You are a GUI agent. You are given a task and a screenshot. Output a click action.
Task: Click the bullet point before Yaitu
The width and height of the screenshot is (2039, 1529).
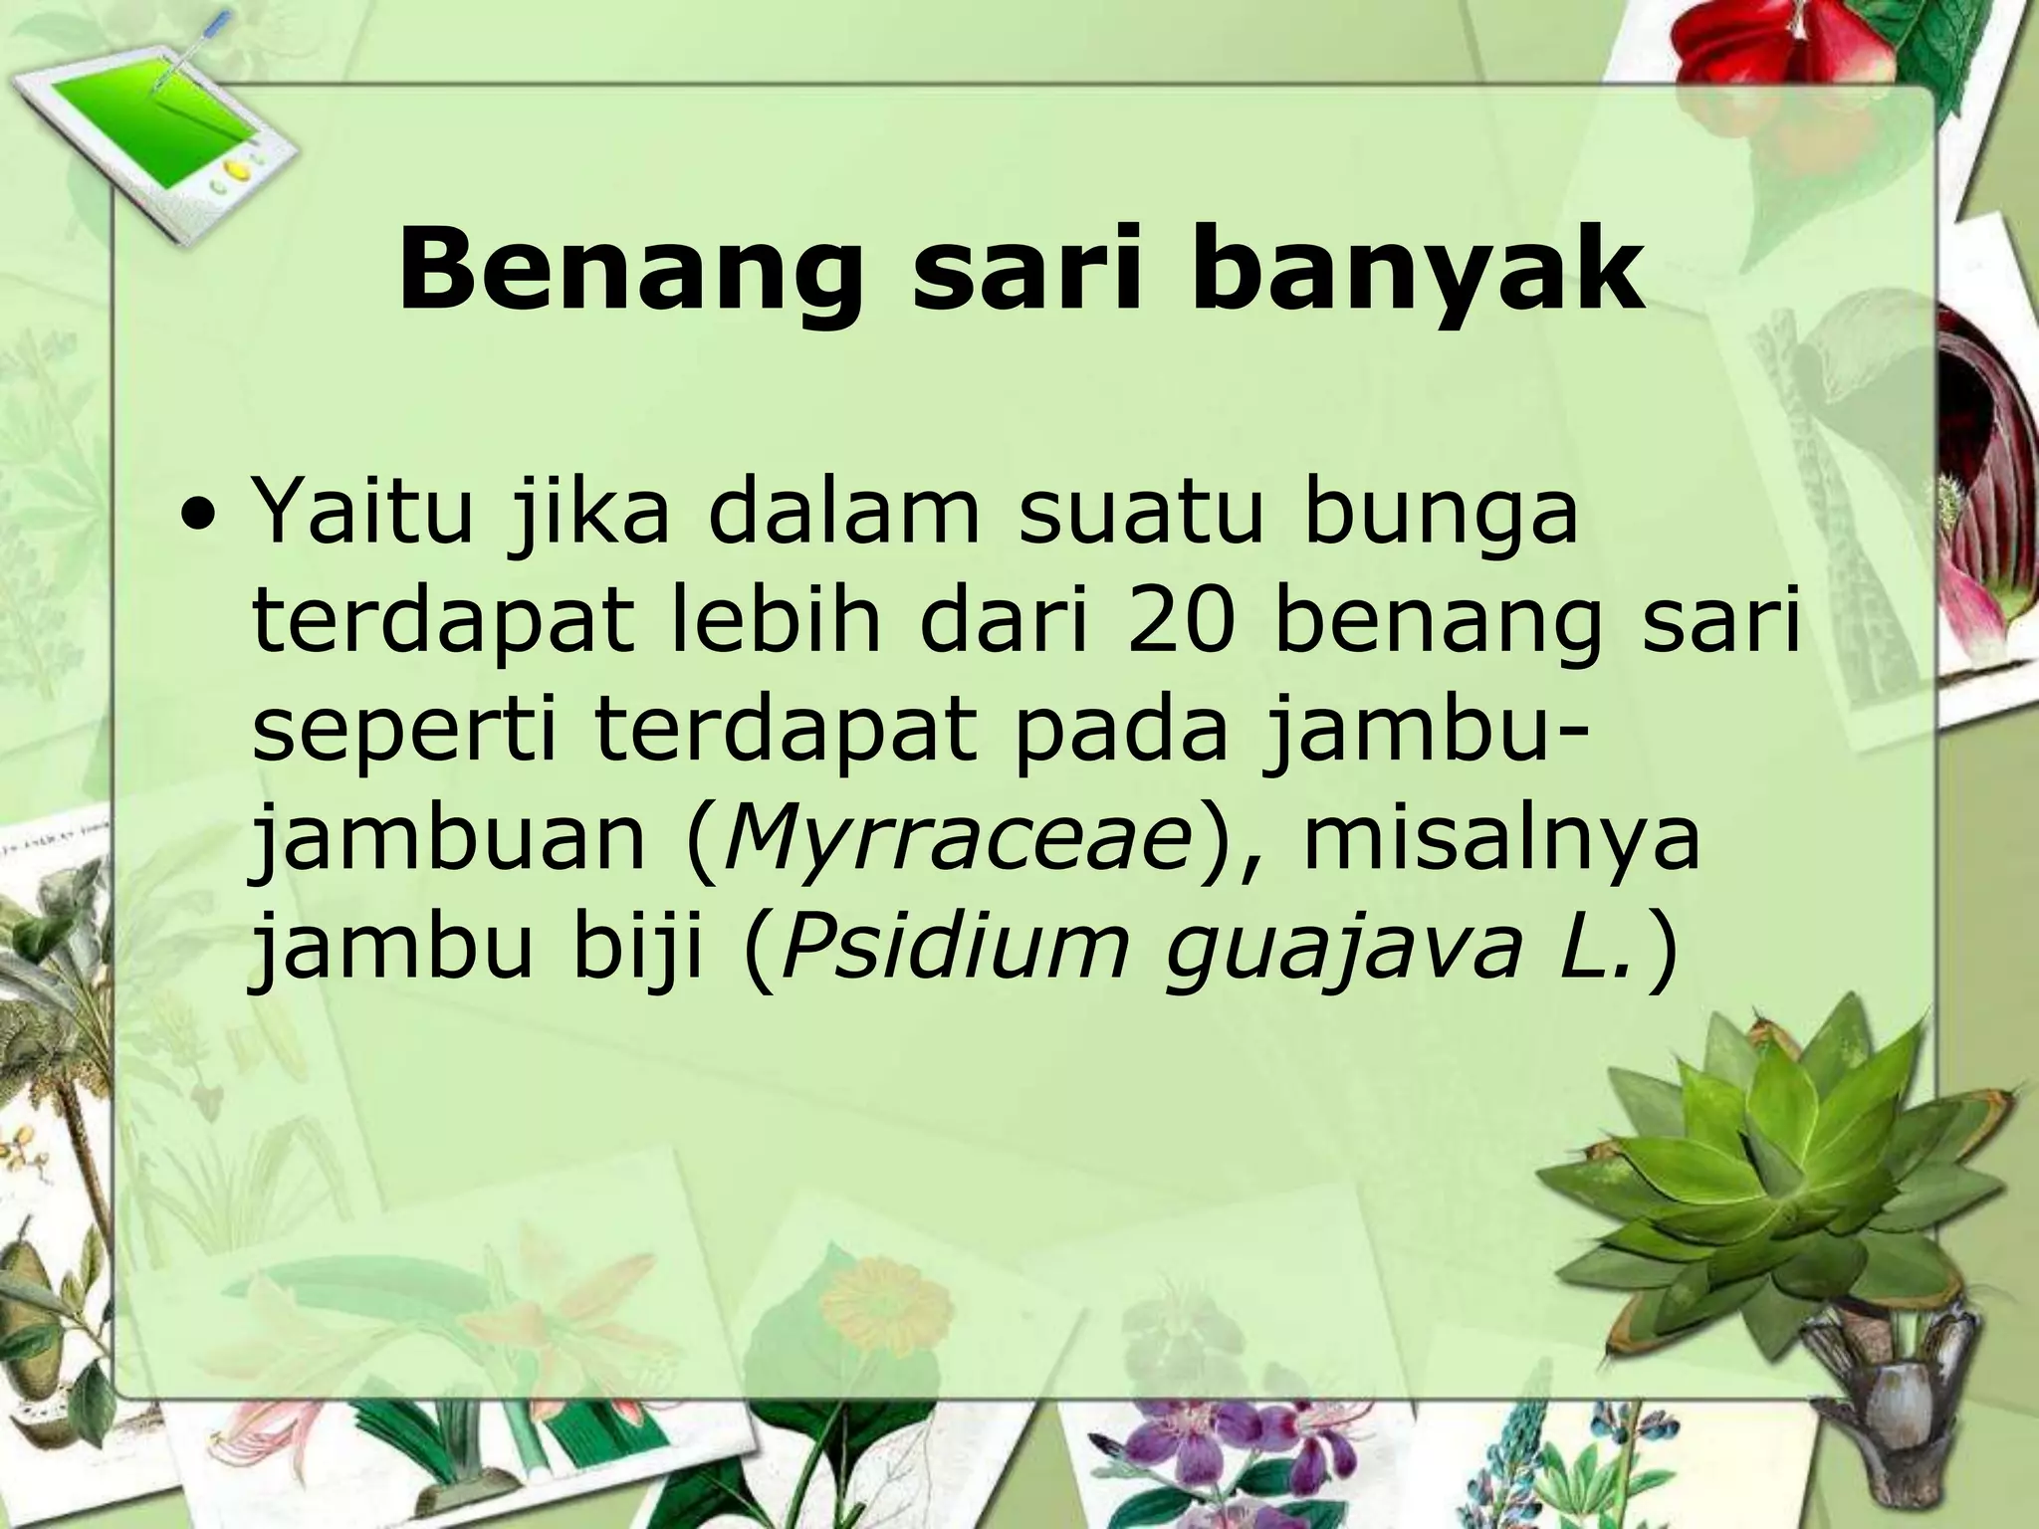pyautogui.click(x=203, y=522)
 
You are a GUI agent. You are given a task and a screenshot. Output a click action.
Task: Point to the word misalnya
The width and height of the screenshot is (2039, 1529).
pyautogui.click(x=1500, y=838)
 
